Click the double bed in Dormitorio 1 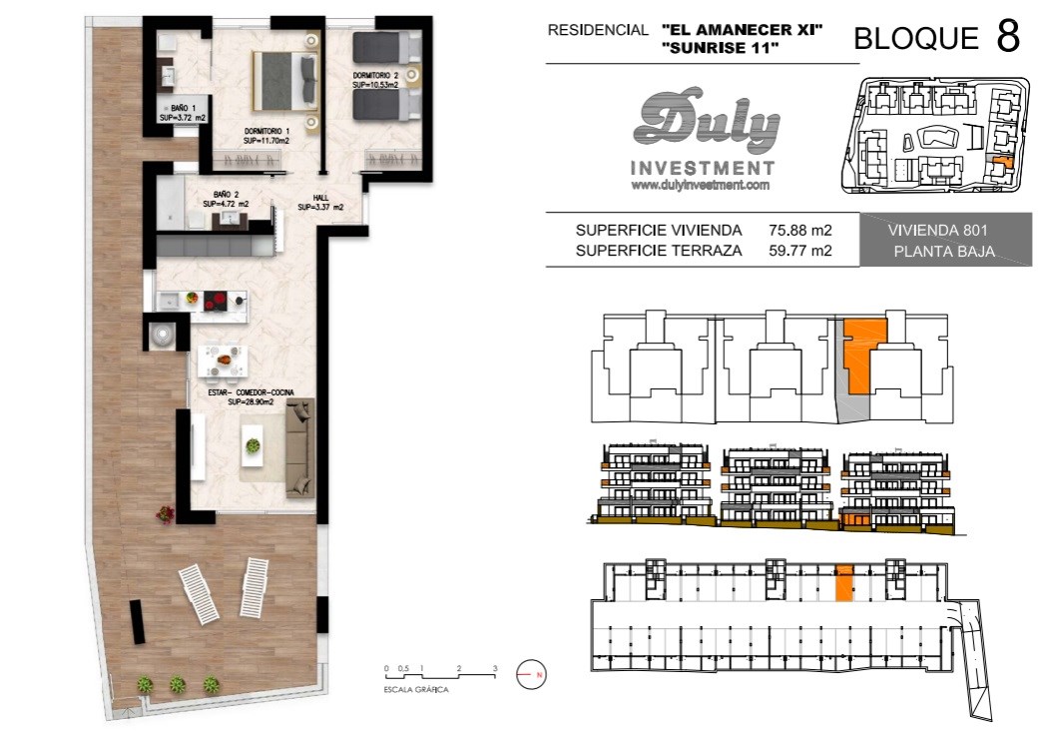pos(284,81)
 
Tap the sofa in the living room pos(299,447)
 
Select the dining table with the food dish pos(224,361)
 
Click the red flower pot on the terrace pos(165,513)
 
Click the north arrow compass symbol pos(531,674)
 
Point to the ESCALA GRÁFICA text pos(416,689)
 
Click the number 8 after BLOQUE pos(1008,36)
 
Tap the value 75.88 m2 pos(800,231)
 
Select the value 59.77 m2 pos(800,251)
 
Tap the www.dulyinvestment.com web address pos(701,186)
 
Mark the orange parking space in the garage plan pos(843,584)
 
